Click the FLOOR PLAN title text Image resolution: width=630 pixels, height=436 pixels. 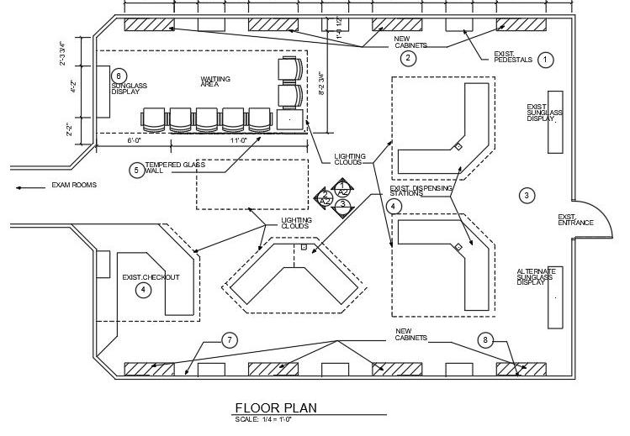coord(276,408)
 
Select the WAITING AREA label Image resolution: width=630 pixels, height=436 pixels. coord(215,81)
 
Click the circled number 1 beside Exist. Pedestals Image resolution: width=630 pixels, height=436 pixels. coord(545,60)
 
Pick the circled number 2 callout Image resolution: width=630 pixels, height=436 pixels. coord(407,58)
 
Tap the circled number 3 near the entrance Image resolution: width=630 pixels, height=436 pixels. coord(527,196)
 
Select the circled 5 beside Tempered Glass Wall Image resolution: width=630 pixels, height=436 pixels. coord(135,169)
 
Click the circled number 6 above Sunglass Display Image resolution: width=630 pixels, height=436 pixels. coord(119,76)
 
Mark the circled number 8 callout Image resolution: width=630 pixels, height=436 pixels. coord(485,340)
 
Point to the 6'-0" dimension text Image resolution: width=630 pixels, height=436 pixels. coord(135,141)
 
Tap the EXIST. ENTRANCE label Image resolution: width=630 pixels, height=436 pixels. coord(575,220)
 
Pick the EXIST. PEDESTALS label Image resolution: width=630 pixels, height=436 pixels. coord(513,58)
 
